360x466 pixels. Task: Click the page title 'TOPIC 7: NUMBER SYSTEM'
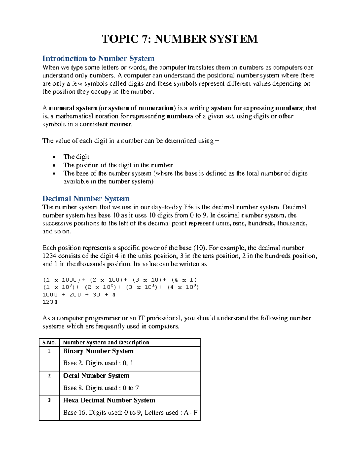(180, 39)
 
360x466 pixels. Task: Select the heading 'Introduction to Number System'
(98, 58)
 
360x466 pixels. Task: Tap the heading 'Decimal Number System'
(86, 199)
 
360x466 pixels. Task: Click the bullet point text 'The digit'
(76, 157)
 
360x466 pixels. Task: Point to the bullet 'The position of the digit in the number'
(118, 165)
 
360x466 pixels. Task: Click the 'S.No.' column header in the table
(49, 342)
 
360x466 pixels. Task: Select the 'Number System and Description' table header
(106, 342)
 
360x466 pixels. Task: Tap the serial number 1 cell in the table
(49, 351)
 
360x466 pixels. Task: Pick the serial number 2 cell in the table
(49, 376)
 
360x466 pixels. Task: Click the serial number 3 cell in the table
(49, 400)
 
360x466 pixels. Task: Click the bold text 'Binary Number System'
(98, 351)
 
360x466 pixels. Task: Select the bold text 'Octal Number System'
(96, 376)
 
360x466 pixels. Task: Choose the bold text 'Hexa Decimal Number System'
(109, 400)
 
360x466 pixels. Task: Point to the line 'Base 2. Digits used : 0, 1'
(98, 363)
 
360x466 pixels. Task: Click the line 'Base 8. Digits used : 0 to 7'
(101, 388)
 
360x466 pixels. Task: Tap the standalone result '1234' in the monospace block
(50, 302)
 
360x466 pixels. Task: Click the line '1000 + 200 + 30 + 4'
(79, 295)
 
